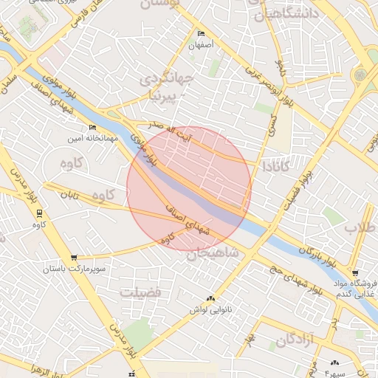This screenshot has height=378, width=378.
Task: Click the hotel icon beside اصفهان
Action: click(x=202, y=34)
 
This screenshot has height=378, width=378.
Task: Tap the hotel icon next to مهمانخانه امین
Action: click(x=92, y=127)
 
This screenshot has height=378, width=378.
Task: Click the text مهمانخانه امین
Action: click(x=94, y=138)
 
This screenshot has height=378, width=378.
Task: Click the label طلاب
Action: click(x=360, y=228)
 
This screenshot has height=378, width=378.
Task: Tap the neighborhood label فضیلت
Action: click(x=140, y=292)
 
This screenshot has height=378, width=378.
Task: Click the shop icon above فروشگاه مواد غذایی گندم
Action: click(x=356, y=272)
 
